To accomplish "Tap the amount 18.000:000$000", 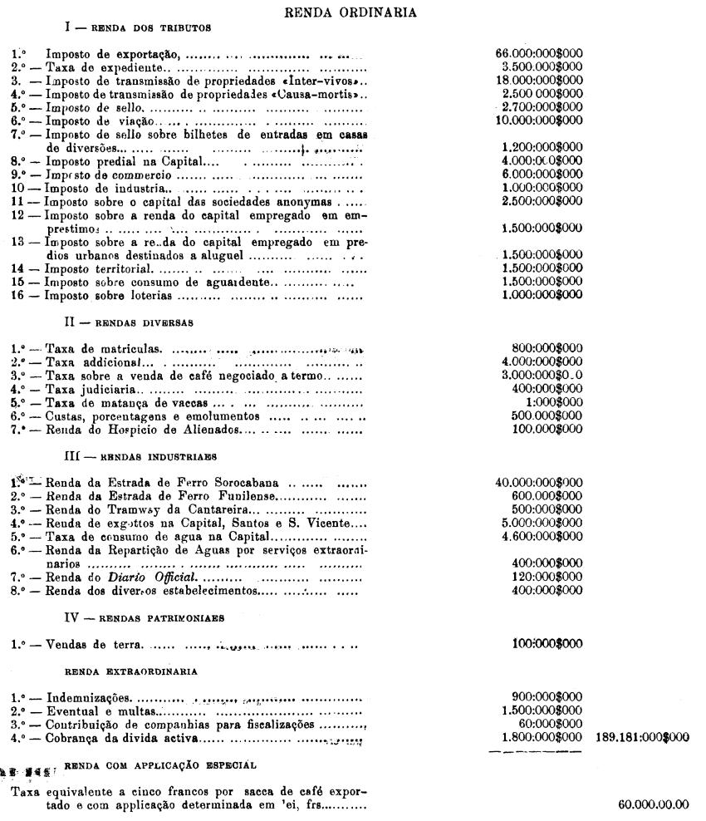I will coord(538,80).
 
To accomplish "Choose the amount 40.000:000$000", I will coord(538,482).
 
